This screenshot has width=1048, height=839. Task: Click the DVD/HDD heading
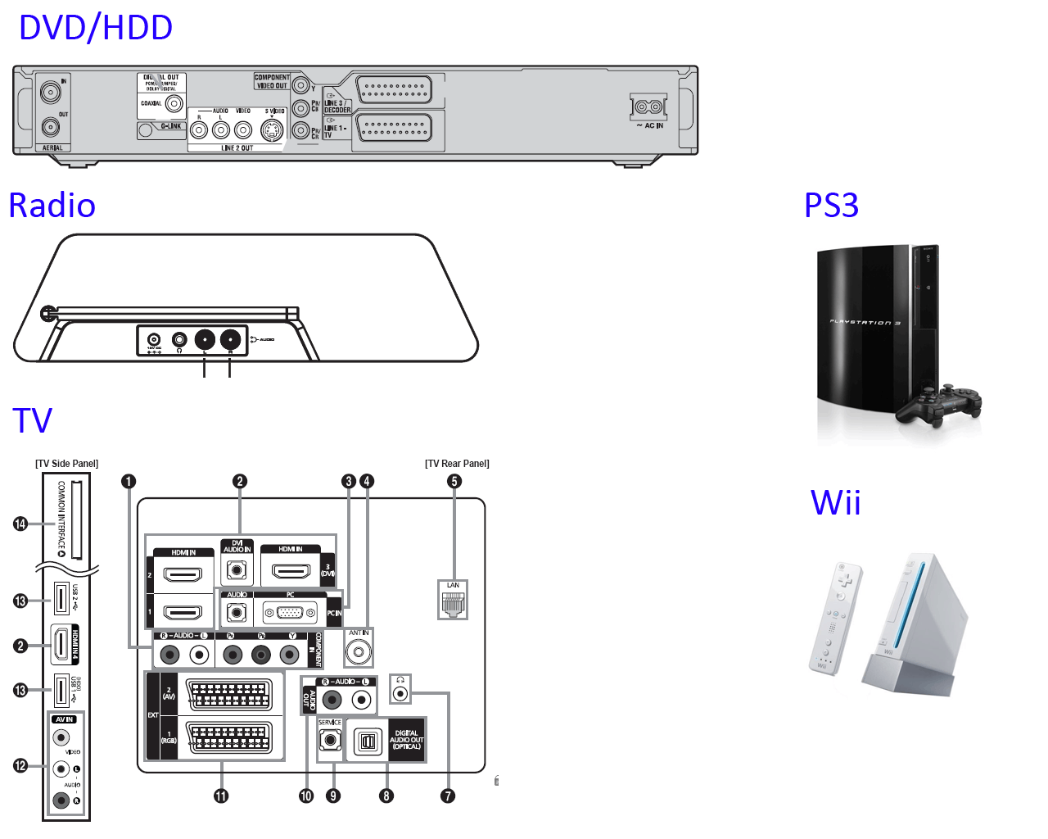pyautogui.click(x=96, y=28)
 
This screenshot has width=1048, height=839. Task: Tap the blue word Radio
pyautogui.click(x=52, y=206)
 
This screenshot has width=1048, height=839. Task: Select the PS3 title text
pyautogui.click(x=831, y=205)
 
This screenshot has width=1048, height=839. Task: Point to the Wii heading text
pyautogui.click(x=835, y=502)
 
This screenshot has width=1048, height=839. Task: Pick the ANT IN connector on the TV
pyautogui.click(x=358, y=652)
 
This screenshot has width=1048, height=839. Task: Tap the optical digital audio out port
pyautogui.click(x=368, y=741)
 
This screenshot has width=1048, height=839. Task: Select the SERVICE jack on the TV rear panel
pyautogui.click(x=330, y=740)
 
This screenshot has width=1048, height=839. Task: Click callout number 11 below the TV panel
pyautogui.click(x=221, y=796)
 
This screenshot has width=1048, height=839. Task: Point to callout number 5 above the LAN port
pyautogui.click(x=454, y=481)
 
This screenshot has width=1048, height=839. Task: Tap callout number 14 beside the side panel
pyautogui.click(x=20, y=524)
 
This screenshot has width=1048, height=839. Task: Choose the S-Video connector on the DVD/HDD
pyautogui.click(x=272, y=129)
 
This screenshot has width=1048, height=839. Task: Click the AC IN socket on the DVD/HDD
pyautogui.click(x=648, y=107)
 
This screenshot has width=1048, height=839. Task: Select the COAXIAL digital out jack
pyautogui.click(x=174, y=104)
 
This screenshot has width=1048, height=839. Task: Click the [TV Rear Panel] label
pyautogui.click(x=457, y=464)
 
